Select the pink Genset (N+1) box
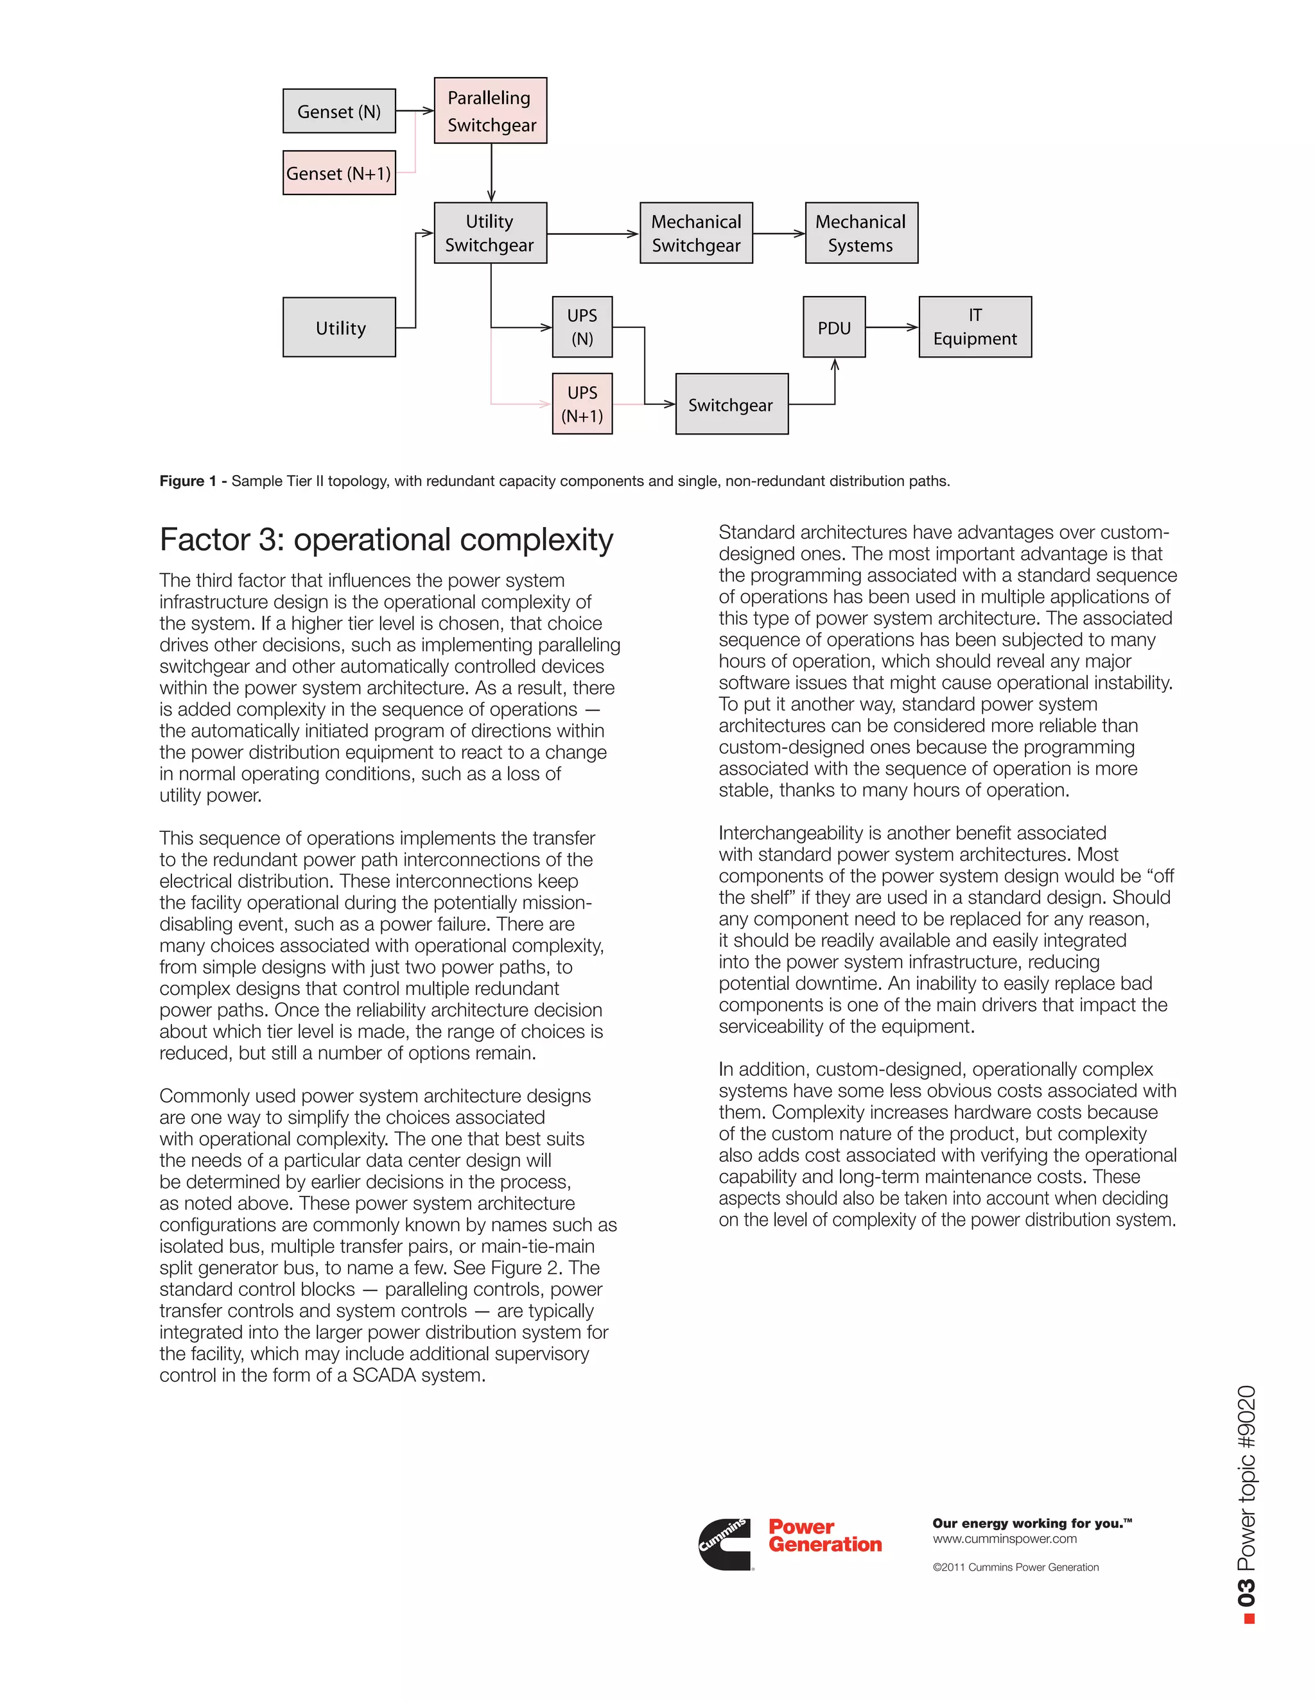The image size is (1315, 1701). pyautogui.click(x=339, y=173)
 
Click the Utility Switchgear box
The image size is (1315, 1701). pyautogui.click(x=490, y=233)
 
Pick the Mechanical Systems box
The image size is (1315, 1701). pyautogui.click(x=861, y=233)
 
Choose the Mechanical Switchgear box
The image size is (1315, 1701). pyautogui.click(x=695, y=233)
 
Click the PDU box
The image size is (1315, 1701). pyautogui.click(x=833, y=327)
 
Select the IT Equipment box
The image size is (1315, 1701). pyautogui.click(x=975, y=327)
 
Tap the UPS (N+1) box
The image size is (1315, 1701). pyautogui.click(x=582, y=404)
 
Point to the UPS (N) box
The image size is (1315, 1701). pyautogui.click(x=582, y=327)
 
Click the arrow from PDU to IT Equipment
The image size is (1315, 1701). pyautogui.click(x=891, y=327)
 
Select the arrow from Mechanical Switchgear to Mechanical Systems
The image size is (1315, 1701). pyautogui.click(x=778, y=233)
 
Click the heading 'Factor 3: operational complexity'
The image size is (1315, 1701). pyautogui.click(x=386, y=540)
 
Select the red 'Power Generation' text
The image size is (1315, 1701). pyautogui.click(x=824, y=1536)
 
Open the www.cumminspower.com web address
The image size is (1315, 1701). pyautogui.click(x=1004, y=1539)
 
